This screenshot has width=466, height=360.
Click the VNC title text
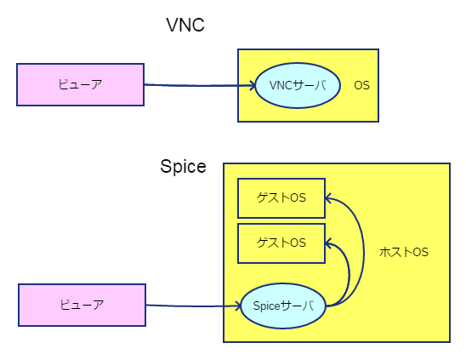click(x=185, y=25)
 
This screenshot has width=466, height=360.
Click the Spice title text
click(x=183, y=166)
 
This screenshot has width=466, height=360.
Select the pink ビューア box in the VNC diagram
click(x=80, y=84)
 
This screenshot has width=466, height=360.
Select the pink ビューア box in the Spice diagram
click(x=82, y=305)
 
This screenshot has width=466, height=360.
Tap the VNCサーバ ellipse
click(x=298, y=85)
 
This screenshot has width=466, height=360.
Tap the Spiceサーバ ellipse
click(x=283, y=306)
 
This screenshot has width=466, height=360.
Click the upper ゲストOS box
click(x=281, y=198)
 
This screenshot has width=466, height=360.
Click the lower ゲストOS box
click(x=281, y=243)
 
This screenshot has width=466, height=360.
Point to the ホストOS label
click(x=404, y=252)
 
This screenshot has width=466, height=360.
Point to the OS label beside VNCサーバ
click(x=361, y=86)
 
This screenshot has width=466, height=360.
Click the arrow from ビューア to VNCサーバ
click(x=200, y=86)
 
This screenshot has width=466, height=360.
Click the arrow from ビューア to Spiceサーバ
click(x=193, y=306)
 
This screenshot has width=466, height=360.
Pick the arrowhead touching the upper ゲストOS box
click(x=328, y=198)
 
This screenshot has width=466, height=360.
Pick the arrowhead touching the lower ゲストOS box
click(x=328, y=243)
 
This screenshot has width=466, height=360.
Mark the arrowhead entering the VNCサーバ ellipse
click(x=253, y=85)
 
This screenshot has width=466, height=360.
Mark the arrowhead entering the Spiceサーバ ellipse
click(x=238, y=306)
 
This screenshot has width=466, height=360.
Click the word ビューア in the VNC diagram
click(x=80, y=84)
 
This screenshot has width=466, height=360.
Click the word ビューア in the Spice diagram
click(x=82, y=305)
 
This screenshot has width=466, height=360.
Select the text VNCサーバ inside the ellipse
click(x=298, y=85)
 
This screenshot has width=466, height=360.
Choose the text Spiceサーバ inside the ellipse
click(x=283, y=306)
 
